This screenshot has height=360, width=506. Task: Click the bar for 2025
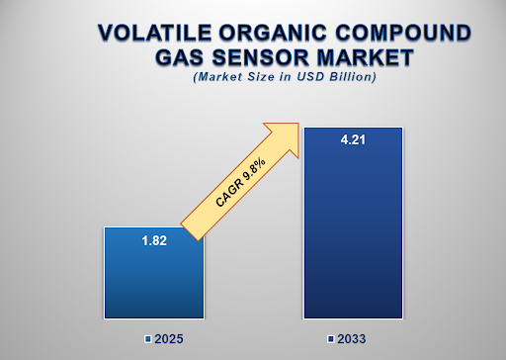(x=153, y=277)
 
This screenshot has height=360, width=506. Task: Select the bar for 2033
(x=352, y=227)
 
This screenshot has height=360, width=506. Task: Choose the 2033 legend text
(x=352, y=339)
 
